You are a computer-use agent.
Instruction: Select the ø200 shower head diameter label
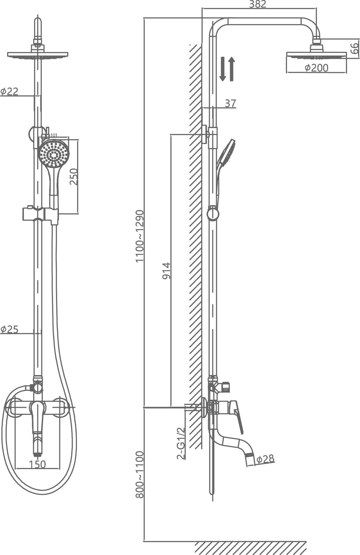click(316, 68)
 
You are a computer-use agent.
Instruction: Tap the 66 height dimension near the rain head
click(355, 48)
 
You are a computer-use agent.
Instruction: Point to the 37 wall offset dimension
click(230, 103)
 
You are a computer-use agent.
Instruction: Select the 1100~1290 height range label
click(140, 236)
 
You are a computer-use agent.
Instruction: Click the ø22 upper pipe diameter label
click(9, 91)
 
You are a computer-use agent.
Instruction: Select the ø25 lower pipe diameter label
click(9, 329)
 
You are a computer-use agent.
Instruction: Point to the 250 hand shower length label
click(74, 176)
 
